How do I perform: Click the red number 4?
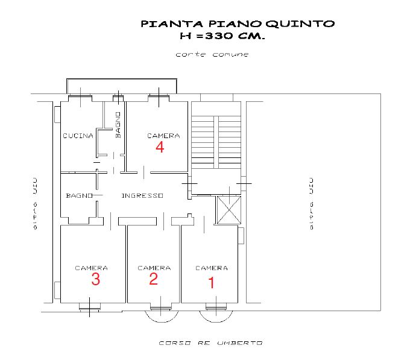160,147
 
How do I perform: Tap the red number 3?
96,279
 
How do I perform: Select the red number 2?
153,279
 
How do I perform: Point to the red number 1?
211,282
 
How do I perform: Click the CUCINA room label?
78,136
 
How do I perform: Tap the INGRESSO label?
142,195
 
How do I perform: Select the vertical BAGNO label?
118,125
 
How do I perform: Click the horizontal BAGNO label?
79,195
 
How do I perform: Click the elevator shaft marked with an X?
229,210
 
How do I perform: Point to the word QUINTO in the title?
300,24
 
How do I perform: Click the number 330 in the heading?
219,36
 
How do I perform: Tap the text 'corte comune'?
212,54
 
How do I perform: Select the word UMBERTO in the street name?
240,343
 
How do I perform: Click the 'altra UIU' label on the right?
311,204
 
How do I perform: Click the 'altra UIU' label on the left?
35,204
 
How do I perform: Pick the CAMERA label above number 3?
92,268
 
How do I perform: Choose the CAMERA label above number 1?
212,268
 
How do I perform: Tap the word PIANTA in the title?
172,24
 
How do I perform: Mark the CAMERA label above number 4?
163,136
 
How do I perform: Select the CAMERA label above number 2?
154,268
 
